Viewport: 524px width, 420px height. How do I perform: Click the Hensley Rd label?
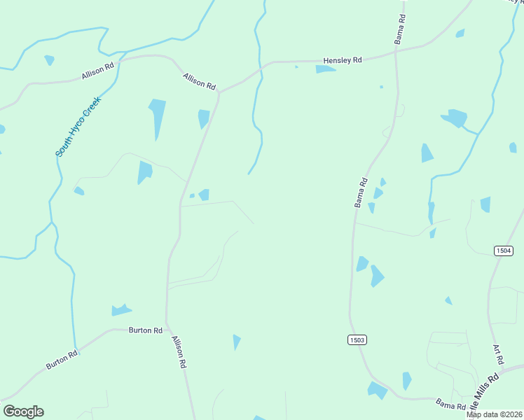click(x=342, y=60)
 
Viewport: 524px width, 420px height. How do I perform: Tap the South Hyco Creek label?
click(x=78, y=126)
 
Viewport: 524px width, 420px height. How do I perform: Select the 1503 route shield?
click(x=357, y=339)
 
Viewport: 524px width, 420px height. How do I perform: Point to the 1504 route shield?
click(x=503, y=251)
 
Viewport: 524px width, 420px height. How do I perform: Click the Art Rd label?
click(x=499, y=353)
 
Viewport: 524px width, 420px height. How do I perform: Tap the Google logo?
click(x=23, y=412)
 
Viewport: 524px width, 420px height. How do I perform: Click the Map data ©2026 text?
click(x=494, y=414)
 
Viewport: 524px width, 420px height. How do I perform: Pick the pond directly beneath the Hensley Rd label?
click(x=325, y=69)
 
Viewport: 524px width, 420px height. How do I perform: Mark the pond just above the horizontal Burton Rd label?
click(x=121, y=309)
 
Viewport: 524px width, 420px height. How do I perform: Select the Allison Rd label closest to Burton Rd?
click(x=179, y=351)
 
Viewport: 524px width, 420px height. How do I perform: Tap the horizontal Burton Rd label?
click(x=146, y=330)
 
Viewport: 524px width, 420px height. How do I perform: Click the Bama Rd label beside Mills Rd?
click(x=451, y=404)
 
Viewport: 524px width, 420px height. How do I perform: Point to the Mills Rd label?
click(x=486, y=386)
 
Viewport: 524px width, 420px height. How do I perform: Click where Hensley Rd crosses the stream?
click(x=261, y=64)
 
